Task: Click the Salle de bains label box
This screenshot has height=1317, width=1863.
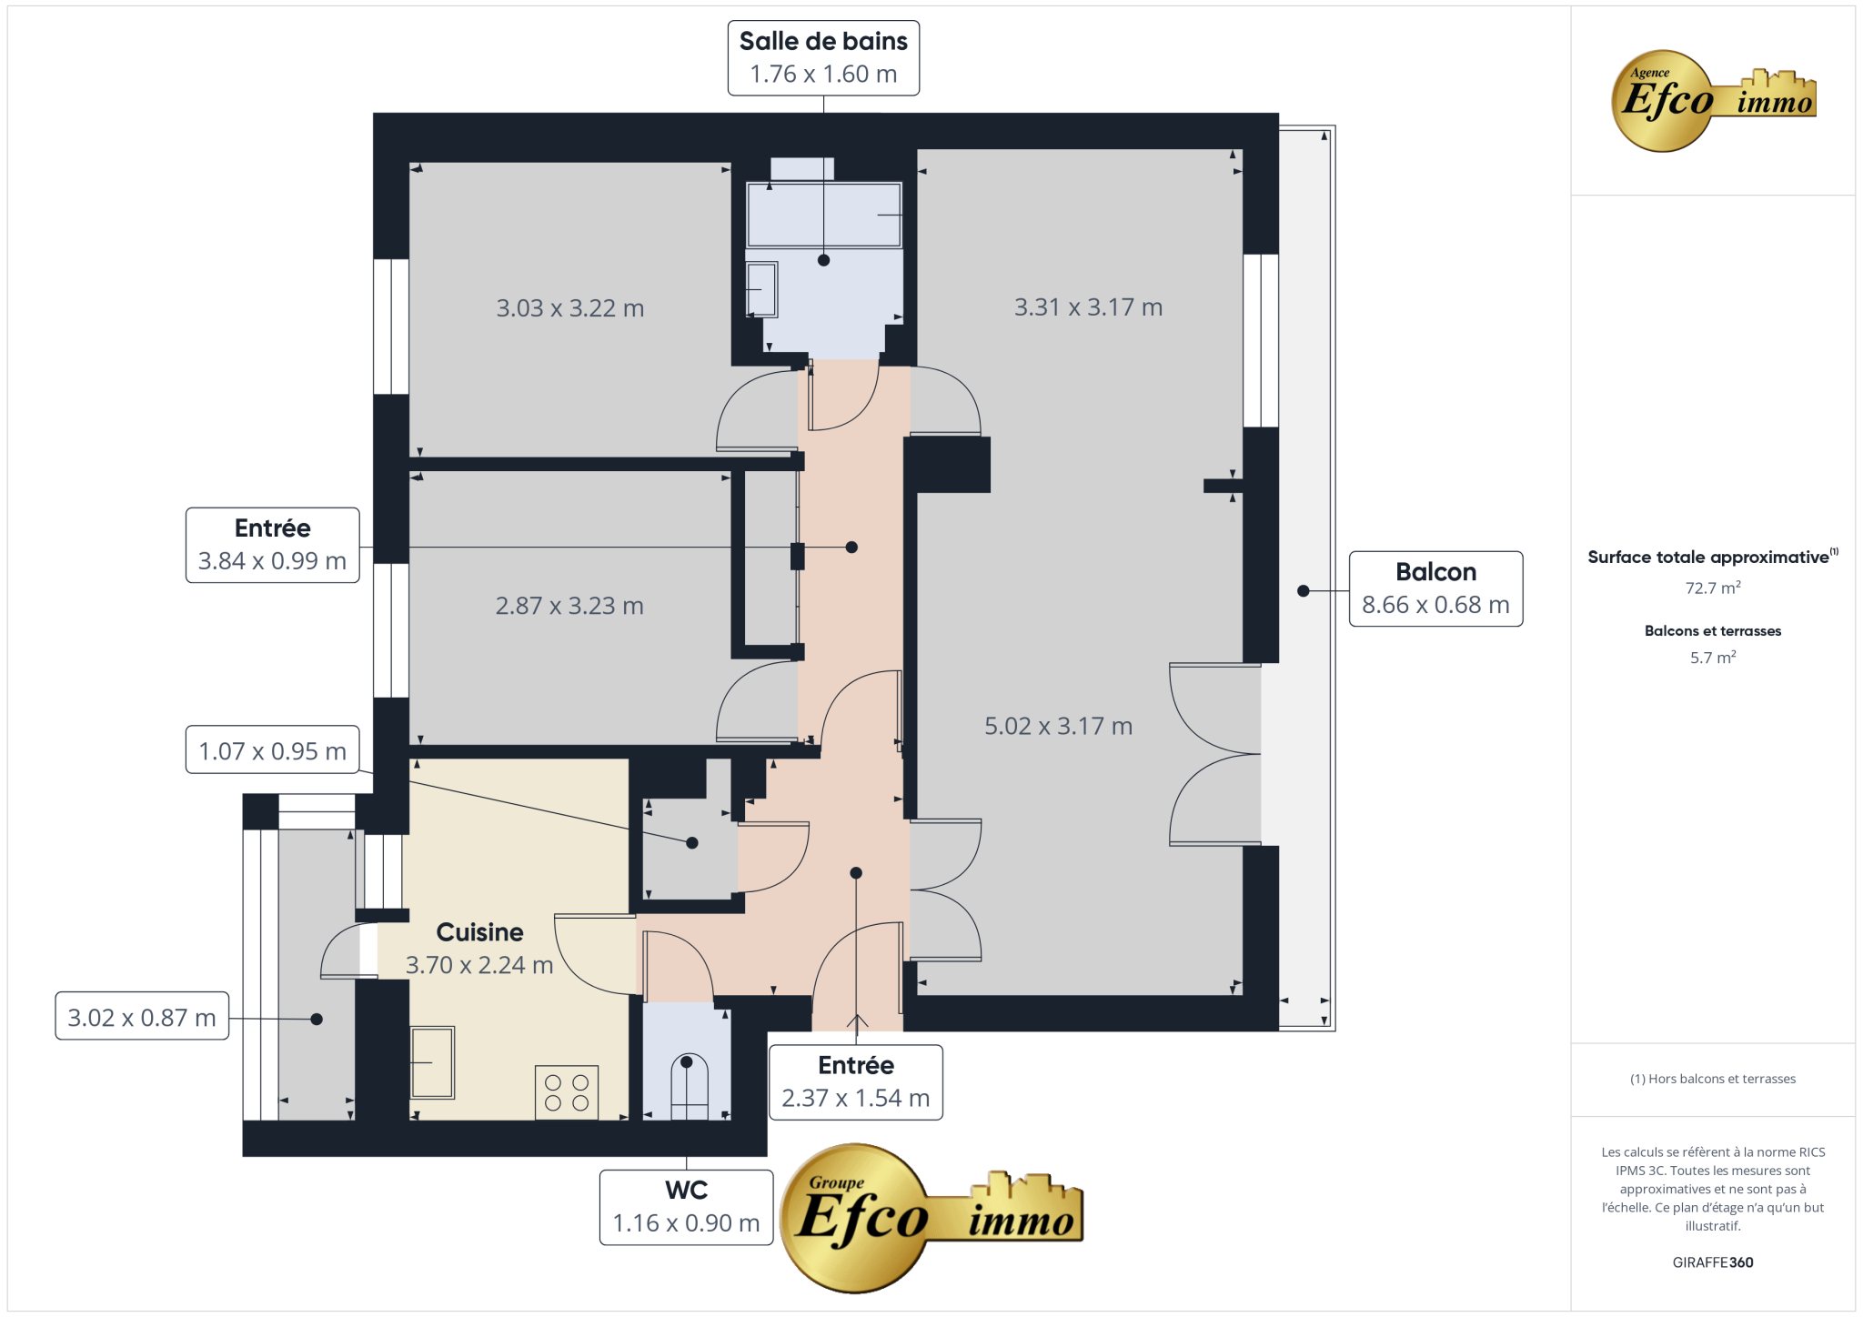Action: click(823, 58)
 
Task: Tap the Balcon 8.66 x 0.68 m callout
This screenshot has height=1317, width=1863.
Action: click(1435, 588)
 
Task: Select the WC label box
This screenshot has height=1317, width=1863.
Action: click(687, 1207)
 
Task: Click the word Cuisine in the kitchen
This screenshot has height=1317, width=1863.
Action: click(479, 932)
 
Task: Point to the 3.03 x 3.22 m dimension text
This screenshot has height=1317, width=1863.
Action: click(570, 308)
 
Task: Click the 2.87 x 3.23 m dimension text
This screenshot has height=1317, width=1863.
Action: click(569, 606)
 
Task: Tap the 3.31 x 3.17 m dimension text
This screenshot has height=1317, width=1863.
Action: click(1088, 307)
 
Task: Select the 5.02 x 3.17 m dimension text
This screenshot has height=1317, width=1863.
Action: click(1058, 726)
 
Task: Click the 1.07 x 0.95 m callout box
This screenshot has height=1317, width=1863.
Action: click(272, 749)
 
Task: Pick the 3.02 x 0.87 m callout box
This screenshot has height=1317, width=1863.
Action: click(142, 1016)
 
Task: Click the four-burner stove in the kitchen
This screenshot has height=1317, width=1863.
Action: click(567, 1092)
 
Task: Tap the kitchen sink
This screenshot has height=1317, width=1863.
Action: click(432, 1062)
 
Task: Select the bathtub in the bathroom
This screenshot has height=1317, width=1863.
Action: click(823, 215)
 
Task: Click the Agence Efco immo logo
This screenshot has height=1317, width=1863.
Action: click(1713, 100)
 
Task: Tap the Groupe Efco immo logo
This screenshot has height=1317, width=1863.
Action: click(931, 1218)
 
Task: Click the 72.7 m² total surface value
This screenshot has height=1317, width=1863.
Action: click(1713, 588)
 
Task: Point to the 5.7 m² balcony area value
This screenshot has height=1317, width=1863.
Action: click(1713, 658)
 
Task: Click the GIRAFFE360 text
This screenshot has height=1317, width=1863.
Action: click(1713, 1262)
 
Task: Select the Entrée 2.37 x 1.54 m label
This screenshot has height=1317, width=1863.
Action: click(856, 1082)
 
